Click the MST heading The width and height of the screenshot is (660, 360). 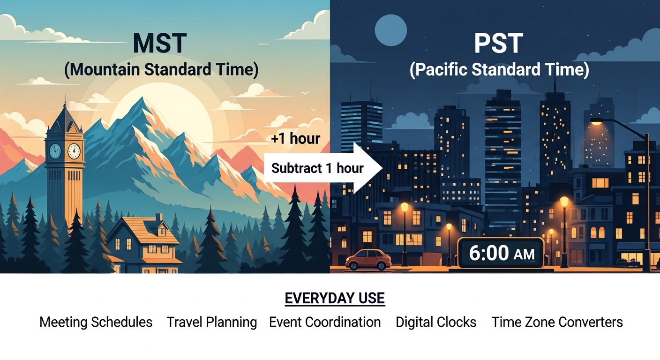160,43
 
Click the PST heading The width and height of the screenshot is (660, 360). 499,43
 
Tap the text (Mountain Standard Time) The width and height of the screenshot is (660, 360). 161,70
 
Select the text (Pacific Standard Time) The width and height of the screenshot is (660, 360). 499,70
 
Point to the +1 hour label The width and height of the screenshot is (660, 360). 295,138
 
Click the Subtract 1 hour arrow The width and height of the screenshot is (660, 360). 323,168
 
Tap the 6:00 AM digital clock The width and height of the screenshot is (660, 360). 501,253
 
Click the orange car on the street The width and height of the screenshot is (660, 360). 368,260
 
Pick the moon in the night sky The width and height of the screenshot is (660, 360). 390,30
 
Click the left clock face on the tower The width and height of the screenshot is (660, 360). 55,151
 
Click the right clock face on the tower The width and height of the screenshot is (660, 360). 74,151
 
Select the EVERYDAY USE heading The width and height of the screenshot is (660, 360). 335,299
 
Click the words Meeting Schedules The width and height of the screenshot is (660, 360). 96,322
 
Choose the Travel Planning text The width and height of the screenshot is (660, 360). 211,322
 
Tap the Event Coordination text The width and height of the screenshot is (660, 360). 325,322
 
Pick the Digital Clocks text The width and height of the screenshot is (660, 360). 436,322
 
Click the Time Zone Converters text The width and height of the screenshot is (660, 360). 557,322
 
